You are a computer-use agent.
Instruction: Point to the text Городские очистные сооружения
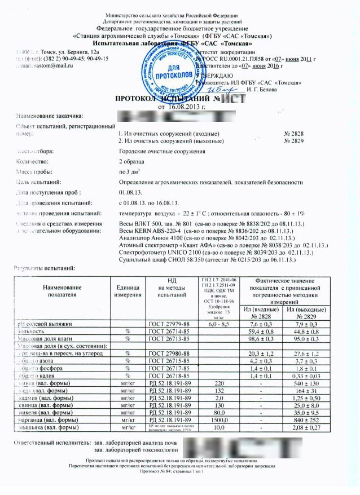click(x=164, y=152)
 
